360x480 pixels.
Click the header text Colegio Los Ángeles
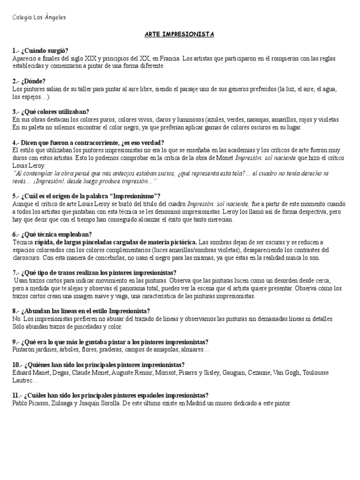[x=39, y=18]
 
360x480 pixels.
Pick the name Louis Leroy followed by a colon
[x=30, y=165]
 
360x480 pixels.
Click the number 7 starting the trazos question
[x=15, y=272]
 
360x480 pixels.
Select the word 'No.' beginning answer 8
[x=16, y=318]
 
